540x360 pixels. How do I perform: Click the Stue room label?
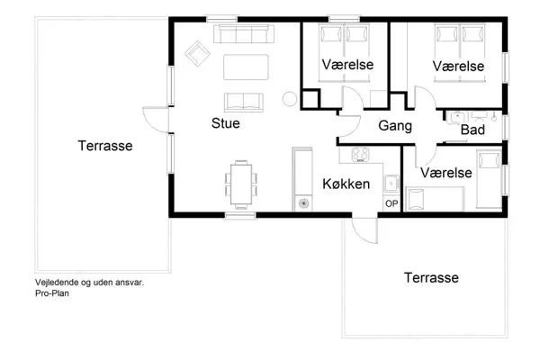pos(225,123)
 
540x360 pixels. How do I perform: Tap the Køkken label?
pos(347,184)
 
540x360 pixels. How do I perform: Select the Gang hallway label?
pos(395,126)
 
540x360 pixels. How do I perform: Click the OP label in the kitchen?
pos(391,203)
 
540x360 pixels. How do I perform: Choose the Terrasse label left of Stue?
pos(105,146)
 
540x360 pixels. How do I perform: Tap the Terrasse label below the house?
pos(431,277)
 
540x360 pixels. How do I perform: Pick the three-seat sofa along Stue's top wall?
pos(244,34)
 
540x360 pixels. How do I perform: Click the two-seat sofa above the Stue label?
pos(243,100)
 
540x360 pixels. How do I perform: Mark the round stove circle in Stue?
pos(291,99)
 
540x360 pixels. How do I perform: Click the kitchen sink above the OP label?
pos(391,184)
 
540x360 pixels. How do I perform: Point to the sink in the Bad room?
pos(457,115)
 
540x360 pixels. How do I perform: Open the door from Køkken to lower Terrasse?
pos(364,229)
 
